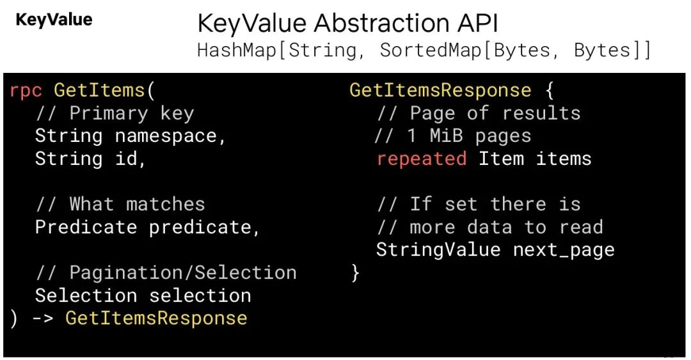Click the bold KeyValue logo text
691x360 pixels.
[54, 20]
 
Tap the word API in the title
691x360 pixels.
[478, 23]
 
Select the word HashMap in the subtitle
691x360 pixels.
[237, 50]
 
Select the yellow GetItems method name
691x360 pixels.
[99, 90]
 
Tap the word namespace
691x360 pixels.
[166, 137]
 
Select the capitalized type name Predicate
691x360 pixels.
[86, 227]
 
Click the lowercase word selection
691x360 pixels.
[200, 295]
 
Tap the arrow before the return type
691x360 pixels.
[44, 318]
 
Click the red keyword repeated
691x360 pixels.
[422, 159]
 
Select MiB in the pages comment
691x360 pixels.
[447, 136]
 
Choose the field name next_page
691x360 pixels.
[564, 250]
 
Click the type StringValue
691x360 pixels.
[438, 250]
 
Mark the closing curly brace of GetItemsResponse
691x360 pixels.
[355, 273]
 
